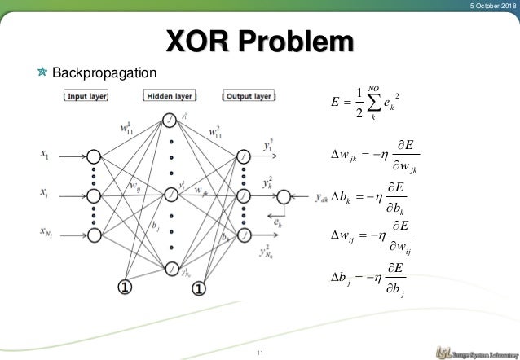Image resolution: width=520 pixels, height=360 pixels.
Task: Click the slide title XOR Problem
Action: pos(261,42)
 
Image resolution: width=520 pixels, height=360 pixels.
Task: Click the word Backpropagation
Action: pos(104,73)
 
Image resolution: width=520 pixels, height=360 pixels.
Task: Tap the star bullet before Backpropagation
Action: pos(42,73)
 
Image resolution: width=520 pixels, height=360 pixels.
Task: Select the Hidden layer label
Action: pos(170,96)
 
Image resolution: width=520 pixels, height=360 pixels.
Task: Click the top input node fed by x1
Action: pos(94,156)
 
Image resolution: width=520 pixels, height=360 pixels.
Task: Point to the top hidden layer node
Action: pos(170,121)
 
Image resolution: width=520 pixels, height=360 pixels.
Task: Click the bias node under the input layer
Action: pos(125,286)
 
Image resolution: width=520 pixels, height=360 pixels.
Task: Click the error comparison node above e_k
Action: pos(283,196)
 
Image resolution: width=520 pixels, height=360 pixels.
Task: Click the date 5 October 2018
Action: pos(488,7)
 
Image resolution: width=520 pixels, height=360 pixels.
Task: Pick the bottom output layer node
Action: pos(243,235)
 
